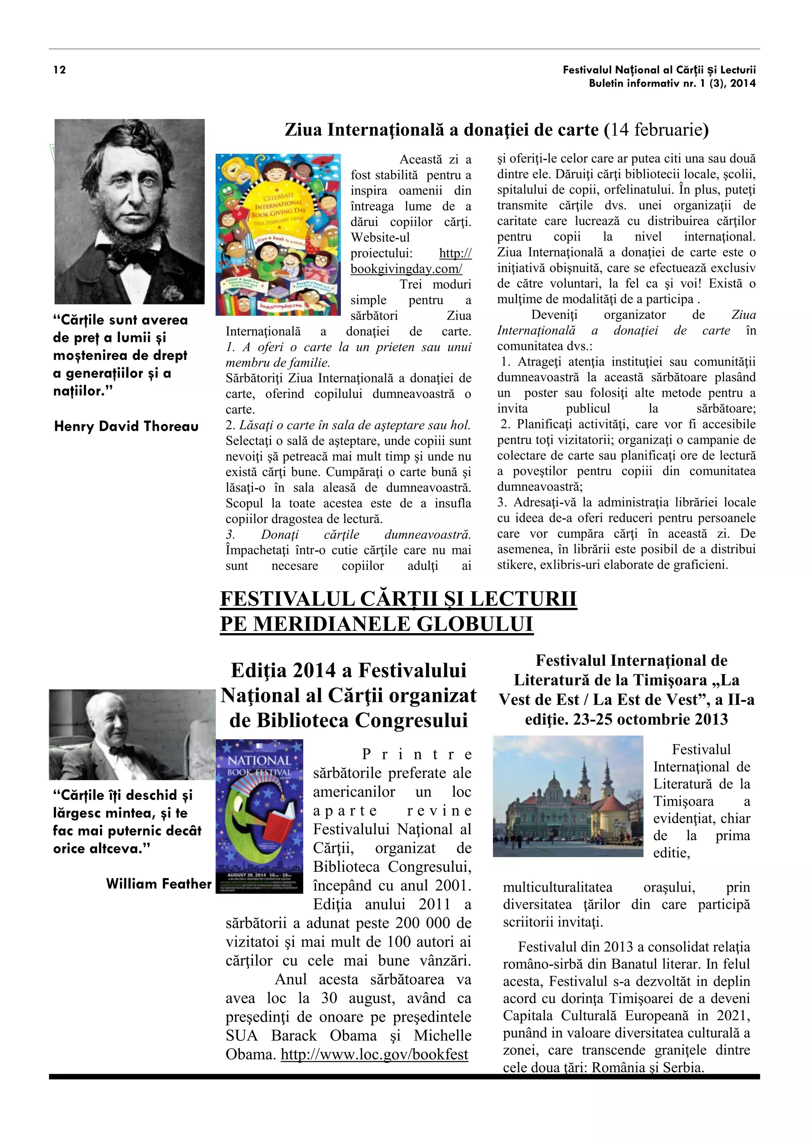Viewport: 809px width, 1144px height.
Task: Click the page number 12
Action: [x=59, y=70]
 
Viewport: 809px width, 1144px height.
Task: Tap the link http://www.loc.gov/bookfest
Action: [x=374, y=1054]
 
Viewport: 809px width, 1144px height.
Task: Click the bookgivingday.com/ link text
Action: [x=406, y=269]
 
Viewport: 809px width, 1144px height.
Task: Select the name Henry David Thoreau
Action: [x=126, y=427]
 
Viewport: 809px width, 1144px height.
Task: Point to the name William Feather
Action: [x=158, y=884]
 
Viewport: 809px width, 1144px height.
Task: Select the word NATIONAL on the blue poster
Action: [x=259, y=760]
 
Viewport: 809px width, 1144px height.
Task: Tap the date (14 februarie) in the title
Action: [x=656, y=130]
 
